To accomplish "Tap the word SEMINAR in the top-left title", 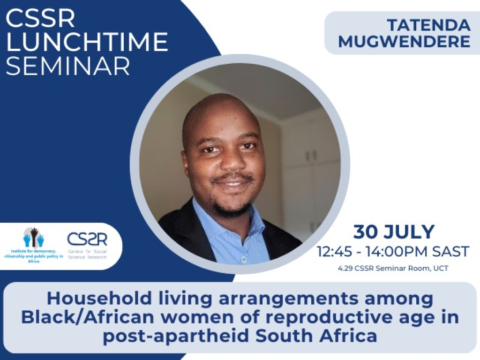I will [68, 66].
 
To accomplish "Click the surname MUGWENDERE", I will [404, 41].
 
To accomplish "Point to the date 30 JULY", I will [394, 232].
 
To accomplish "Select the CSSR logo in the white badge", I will [87, 240].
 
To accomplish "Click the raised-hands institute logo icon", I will [33, 237].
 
